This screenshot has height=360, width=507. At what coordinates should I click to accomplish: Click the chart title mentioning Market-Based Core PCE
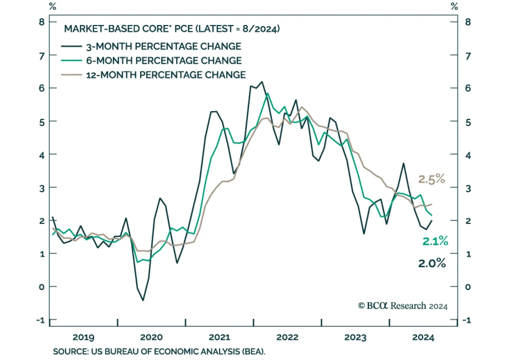[172, 29]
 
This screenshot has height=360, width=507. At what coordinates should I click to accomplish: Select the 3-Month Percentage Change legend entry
[163, 47]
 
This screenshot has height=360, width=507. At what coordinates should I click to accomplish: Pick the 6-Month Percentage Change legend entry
[164, 60]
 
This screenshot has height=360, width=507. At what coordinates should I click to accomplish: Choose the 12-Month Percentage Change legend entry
[165, 75]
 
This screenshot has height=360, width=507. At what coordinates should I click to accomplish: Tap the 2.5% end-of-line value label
[431, 179]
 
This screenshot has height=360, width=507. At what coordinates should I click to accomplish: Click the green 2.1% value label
[435, 241]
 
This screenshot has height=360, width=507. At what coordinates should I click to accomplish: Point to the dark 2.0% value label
[432, 263]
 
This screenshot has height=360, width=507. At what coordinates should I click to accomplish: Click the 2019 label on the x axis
[83, 337]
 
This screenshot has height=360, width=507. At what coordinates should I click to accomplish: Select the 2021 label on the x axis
[219, 337]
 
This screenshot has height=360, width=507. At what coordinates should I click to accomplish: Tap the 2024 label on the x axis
[423, 337]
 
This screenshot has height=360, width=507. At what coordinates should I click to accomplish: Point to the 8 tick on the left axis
[42, 22]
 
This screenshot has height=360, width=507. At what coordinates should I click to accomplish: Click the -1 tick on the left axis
[41, 320]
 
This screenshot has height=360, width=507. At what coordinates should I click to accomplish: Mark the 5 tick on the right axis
[468, 122]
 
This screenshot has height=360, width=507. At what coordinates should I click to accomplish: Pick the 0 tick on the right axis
[468, 287]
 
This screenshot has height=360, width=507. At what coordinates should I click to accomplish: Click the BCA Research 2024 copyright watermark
[402, 306]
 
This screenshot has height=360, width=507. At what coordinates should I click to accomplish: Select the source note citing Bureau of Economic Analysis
[159, 351]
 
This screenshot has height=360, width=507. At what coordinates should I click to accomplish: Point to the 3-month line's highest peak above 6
[262, 82]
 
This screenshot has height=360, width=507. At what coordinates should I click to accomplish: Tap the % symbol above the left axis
[53, 6]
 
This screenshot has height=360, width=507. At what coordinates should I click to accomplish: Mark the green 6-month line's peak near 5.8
[267, 93]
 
